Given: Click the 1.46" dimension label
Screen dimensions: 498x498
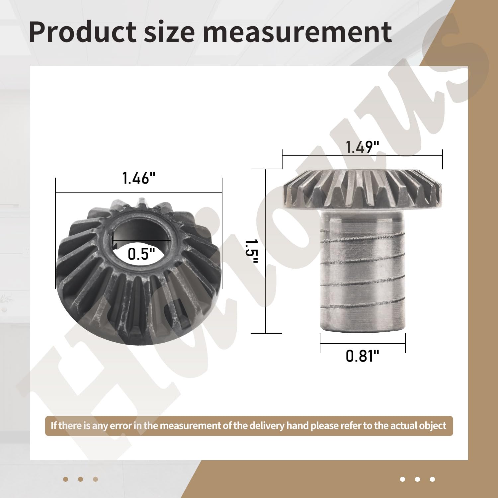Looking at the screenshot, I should click(x=139, y=178).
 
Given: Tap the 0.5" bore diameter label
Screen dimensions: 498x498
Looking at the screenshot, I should click(x=141, y=254).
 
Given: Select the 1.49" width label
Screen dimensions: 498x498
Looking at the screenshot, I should click(x=362, y=147).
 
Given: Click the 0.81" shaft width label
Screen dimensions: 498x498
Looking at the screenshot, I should click(x=362, y=356).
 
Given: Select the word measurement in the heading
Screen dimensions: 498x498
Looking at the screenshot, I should click(x=297, y=32).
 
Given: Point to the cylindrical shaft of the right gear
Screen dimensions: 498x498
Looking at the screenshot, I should click(x=363, y=276).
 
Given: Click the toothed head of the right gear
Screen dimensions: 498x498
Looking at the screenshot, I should click(x=363, y=189).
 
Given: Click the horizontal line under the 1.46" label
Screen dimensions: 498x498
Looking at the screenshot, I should click(x=100, y=192).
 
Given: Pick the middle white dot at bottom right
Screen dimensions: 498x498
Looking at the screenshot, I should click(x=417, y=479).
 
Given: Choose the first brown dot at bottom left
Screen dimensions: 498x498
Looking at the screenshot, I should click(x=65, y=479).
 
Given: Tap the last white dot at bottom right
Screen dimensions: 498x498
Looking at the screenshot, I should click(x=432, y=479).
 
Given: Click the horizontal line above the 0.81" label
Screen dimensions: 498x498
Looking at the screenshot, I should click(x=363, y=344).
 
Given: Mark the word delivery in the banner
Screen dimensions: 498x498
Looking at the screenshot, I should click(x=267, y=426).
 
